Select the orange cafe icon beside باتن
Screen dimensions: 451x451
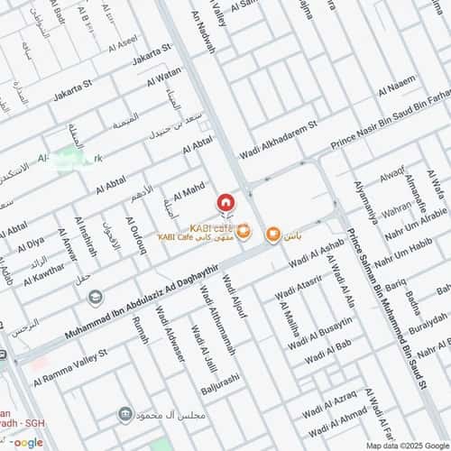coord(272,235)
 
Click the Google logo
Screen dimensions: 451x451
coord(27,442)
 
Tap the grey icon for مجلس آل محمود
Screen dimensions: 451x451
coord(125,415)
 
